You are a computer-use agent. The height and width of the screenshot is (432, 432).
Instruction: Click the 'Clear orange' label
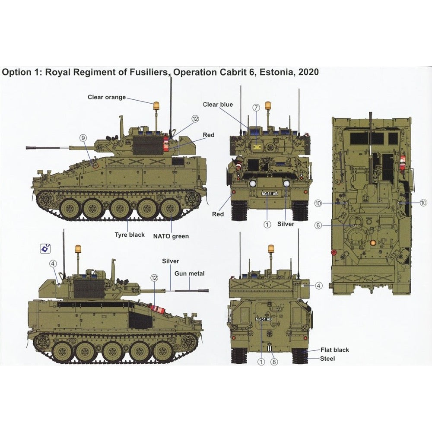(107, 97)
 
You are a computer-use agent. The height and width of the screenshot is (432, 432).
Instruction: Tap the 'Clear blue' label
(218, 105)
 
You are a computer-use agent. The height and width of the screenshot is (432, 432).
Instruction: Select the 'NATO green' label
(171, 236)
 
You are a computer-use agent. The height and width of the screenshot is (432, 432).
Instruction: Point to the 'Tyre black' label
(130, 235)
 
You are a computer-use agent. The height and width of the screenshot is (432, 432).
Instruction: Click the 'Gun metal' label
(190, 273)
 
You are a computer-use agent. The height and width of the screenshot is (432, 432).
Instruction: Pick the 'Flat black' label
(334, 350)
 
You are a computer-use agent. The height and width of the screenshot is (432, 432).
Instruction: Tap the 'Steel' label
(327, 359)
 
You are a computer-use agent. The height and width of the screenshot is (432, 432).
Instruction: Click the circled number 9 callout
(83, 138)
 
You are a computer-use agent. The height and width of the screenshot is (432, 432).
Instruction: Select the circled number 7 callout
(256, 107)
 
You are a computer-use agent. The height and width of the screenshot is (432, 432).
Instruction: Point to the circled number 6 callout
(318, 226)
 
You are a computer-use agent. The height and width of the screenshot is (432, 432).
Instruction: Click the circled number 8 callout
(274, 362)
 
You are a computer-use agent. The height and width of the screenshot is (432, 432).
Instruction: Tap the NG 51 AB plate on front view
(270, 194)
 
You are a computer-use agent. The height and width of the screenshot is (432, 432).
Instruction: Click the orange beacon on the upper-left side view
(156, 106)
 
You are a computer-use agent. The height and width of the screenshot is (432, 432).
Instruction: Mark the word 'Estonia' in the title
(276, 72)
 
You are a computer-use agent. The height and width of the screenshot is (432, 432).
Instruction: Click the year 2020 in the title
(308, 72)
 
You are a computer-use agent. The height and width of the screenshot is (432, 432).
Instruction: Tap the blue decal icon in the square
(45, 248)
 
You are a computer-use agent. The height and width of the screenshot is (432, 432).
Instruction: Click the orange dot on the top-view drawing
(373, 242)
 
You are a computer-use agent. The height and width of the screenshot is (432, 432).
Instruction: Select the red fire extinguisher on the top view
(403, 164)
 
